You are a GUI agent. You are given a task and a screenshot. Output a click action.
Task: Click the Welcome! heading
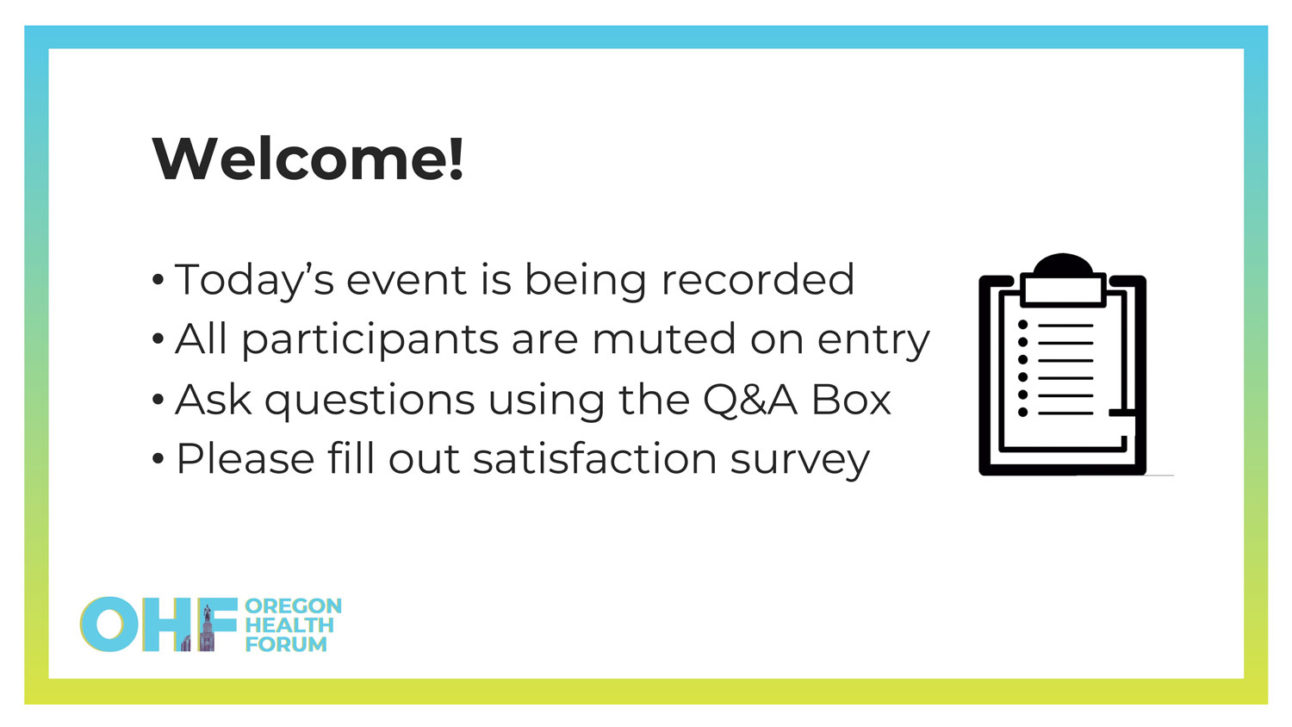coord(308,158)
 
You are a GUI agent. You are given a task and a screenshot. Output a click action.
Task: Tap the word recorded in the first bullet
coord(757,279)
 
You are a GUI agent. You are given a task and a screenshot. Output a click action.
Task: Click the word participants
coord(370,340)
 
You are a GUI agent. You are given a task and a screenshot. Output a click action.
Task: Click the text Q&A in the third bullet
coord(750,400)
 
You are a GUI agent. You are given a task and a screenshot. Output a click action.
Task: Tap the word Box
coord(851,400)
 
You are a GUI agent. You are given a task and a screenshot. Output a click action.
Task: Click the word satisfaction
coord(595,459)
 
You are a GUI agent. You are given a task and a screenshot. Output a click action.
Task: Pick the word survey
coord(800,462)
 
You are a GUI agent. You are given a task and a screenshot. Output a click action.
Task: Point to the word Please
coord(245,459)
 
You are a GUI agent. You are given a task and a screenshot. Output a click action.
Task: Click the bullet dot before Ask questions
coord(158,400)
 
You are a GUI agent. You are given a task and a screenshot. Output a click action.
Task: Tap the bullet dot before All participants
coord(158,339)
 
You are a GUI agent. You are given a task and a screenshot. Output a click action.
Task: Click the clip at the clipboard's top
coord(1063,281)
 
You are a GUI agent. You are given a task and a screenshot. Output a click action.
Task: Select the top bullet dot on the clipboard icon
coord(1022,325)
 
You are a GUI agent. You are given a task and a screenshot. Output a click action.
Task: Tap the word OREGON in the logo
coord(294,606)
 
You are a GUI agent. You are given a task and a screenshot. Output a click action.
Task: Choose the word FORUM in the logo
coord(286,644)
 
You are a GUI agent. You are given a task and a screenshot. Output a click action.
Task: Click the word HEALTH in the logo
coord(289,624)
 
